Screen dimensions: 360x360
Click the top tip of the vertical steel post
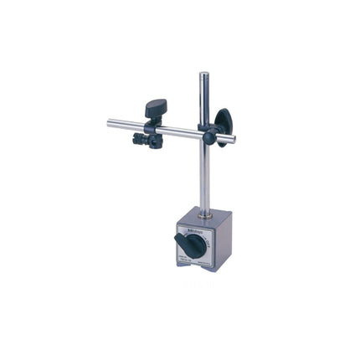pyautogui.click(x=203, y=75)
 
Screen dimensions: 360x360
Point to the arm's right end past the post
pyautogui.click(x=232, y=139)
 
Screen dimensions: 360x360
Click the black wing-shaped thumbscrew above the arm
pyautogui.click(x=156, y=108)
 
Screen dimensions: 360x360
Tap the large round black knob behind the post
pyautogui.click(x=223, y=121)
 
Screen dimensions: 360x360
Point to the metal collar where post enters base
pyautogui.click(x=205, y=214)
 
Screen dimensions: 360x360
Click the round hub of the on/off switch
pyautogui.click(x=194, y=245)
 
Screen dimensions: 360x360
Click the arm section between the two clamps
pyautogui.click(x=180, y=131)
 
